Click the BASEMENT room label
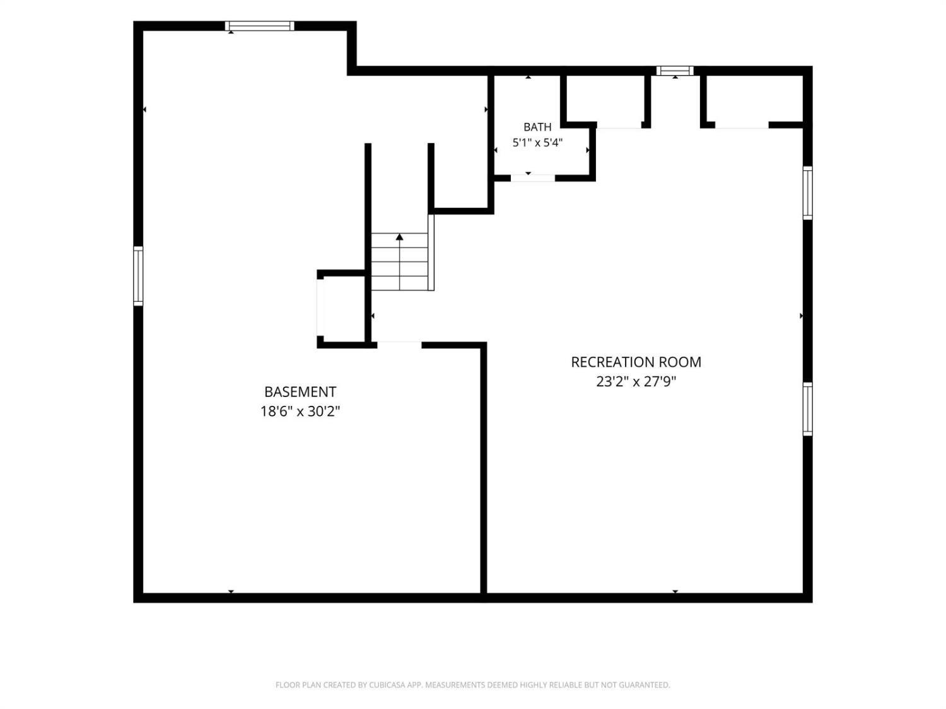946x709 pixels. coord(300,392)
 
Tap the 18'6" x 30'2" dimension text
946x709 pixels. coord(300,412)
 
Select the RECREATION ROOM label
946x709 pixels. coord(636,362)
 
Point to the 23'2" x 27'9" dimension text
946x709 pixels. coord(636,382)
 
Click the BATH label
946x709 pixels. coord(537,127)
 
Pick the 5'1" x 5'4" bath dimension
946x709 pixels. coord(537,142)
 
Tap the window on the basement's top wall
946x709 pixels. coord(259,26)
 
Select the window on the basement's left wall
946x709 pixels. coord(138,276)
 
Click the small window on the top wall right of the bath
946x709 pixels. coord(675,71)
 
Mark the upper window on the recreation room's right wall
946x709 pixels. coord(808,193)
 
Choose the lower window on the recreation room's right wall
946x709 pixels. coord(808,409)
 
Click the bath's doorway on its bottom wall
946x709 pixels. coord(533,178)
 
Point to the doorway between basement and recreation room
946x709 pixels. coord(399,345)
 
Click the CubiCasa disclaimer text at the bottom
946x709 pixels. coord(473,684)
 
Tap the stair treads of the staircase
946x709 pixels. coord(399,262)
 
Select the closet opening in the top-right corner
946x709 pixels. coord(742,125)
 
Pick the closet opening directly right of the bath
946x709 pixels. coord(619,125)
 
